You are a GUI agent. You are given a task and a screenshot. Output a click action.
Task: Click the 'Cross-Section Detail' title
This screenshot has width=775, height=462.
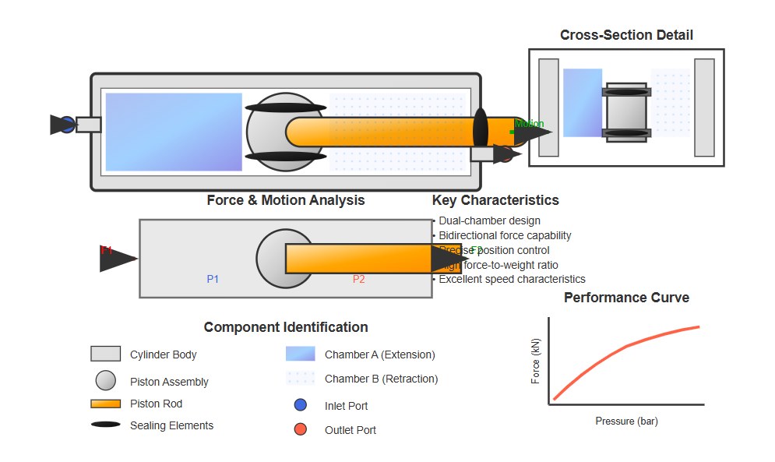pyautogui.click(x=626, y=35)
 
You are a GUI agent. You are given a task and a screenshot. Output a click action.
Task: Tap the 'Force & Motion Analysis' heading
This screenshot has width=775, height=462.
pyautogui.click(x=285, y=200)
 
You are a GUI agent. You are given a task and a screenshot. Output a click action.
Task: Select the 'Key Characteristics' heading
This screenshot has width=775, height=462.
pyautogui.click(x=495, y=200)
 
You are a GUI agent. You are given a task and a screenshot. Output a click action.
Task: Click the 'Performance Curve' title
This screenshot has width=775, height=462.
pyautogui.click(x=626, y=298)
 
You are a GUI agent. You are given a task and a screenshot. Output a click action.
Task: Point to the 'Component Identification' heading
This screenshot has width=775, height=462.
pyautogui.click(x=286, y=327)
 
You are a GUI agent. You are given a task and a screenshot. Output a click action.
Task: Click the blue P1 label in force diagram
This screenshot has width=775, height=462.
pyautogui.click(x=213, y=279)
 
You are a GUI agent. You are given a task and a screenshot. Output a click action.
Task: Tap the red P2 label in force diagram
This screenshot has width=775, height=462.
pyautogui.click(x=358, y=279)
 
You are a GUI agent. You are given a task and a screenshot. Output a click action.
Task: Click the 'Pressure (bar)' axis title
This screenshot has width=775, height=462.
pyautogui.click(x=626, y=421)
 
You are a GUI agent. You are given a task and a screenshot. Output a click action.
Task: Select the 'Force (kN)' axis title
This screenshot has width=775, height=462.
pyautogui.click(x=535, y=361)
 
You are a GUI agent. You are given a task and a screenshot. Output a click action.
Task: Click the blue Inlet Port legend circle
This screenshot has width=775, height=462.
pyautogui.click(x=300, y=405)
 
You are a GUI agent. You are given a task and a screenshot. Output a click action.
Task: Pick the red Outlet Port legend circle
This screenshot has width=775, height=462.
pyautogui.click(x=300, y=429)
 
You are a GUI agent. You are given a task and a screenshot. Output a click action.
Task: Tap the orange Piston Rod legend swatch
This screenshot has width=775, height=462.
pyautogui.click(x=105, y=404)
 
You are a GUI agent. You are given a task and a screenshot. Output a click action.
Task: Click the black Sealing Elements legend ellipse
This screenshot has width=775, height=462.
pyautogui.click(x=105, y=425)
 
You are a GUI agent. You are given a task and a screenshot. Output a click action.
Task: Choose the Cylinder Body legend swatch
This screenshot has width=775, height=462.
pyautogui.click(x=105, y=354)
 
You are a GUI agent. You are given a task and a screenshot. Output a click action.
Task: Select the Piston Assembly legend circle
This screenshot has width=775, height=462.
pyautogui.click(x=105, y=380)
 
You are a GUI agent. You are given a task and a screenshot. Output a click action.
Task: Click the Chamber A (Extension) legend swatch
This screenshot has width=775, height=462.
pyautogui.click(x=300, y=354)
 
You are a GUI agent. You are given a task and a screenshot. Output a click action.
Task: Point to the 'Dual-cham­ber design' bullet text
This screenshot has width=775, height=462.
pyautogui.click(x=489, y=221)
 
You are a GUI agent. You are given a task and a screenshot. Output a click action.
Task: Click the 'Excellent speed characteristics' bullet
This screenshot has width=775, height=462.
pyautogui.click(x=512, y=279)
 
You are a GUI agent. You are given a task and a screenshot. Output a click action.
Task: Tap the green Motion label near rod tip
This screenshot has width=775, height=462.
pyautogui.click(x=530, y=124)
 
